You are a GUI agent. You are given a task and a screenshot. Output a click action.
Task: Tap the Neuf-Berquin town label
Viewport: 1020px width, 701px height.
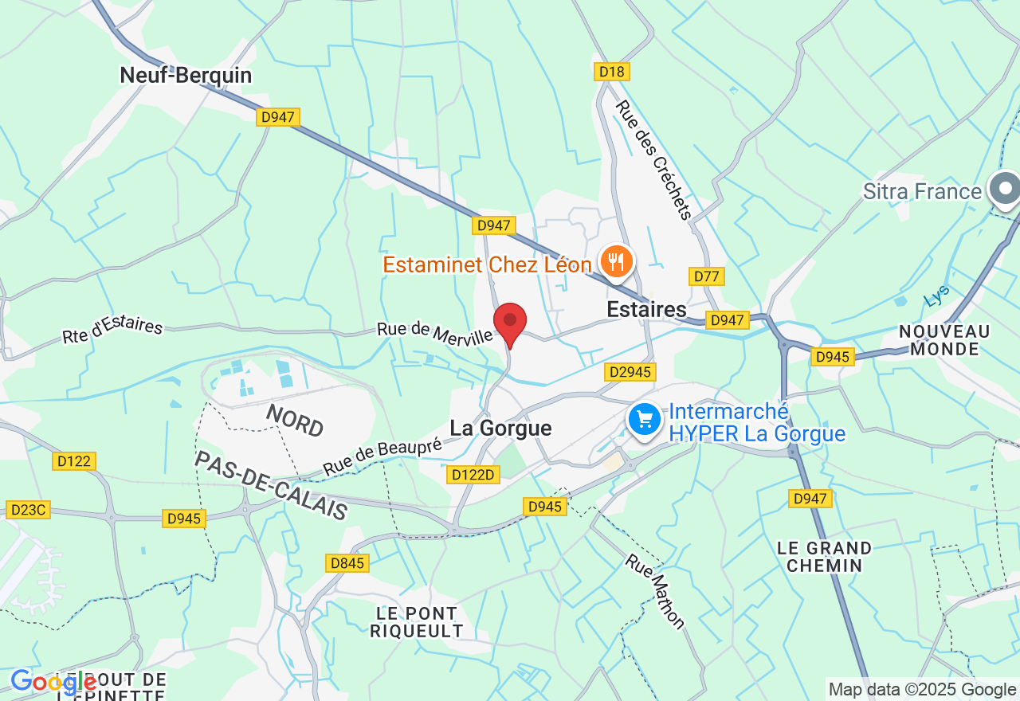pyautogui.click(x=186, y=76)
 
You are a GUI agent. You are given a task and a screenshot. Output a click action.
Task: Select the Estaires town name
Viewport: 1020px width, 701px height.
pyautogui.click(x=646, y=309)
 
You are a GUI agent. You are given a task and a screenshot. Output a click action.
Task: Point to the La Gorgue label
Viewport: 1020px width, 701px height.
pyautogui.click(x=500, y=429)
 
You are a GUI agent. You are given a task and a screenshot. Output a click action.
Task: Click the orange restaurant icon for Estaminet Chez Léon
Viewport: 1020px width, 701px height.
pyautogui.click(x=616, y=260)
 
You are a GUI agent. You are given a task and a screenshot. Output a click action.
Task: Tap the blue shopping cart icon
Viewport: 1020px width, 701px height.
pyautogui.click(x=644, y=419)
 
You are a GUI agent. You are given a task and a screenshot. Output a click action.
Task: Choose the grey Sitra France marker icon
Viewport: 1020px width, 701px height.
pyautogui.click(x=1004, y=190)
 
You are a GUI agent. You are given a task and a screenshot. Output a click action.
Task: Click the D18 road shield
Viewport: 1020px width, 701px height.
pyautogui.click(x=612, y=72)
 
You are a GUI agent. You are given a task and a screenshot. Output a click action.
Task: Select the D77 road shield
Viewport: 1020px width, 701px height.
pyautogui.click(x=706, y=276)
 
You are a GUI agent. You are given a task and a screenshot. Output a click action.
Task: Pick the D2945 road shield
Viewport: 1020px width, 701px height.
pyautogui.click(x=630, y=372)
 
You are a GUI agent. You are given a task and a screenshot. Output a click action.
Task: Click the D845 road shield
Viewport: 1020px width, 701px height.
pyautogui.click(x=347, y=563)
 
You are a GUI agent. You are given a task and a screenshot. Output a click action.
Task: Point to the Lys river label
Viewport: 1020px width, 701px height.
pyautogui.click(x=937, y=296)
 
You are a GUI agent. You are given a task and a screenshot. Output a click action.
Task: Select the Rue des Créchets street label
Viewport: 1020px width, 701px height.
pyautogui.click(x=653, y=159)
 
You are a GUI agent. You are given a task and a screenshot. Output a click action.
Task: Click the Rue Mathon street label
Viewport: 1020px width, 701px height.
pyautogui.click(x=655, y=590)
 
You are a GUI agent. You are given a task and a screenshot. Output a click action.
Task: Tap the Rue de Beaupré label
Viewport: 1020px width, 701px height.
pyautogui.click(x=382, y=457)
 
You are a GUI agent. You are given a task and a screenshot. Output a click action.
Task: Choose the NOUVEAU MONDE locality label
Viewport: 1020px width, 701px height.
pyautogui.click(x=944, y=339)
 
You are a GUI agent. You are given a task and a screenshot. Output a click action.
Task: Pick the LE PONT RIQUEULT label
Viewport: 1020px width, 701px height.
pyautogui.click(x=417, y=622)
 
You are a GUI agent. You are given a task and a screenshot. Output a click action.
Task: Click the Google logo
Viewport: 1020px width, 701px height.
pyautogui.click(x=53, y=682)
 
